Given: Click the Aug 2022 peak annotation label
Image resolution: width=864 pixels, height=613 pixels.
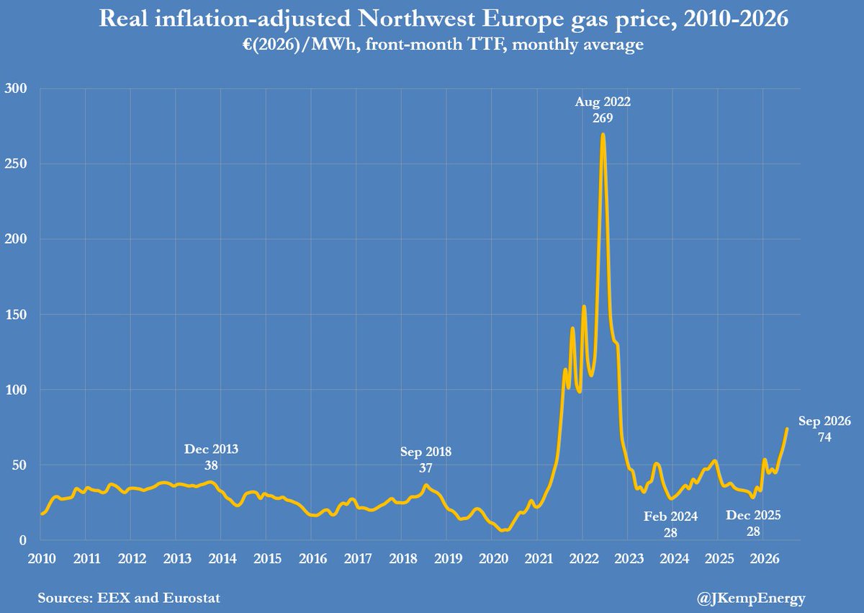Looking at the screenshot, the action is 603,109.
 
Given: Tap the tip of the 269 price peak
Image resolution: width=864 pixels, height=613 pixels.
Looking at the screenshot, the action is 603,134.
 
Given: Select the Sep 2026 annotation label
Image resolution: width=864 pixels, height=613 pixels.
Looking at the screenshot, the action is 824,429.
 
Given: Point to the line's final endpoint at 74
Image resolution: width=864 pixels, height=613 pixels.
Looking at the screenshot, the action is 787,428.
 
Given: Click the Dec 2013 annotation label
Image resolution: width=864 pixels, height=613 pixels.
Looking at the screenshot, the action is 211,457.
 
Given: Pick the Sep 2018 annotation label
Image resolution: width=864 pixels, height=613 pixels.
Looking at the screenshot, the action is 426,460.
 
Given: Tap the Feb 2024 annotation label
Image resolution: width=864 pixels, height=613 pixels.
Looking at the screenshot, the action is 670,524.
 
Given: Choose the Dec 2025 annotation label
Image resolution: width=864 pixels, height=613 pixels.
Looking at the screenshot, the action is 753,523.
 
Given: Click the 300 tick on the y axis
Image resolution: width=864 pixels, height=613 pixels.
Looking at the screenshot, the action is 16,89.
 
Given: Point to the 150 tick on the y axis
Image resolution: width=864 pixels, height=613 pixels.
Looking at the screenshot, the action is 16,314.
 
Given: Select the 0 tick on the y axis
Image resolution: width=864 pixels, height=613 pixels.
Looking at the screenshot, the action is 23,540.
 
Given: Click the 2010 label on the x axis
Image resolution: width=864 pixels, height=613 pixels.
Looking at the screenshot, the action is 42,558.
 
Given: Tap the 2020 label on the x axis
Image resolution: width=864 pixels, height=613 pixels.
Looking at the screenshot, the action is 493,558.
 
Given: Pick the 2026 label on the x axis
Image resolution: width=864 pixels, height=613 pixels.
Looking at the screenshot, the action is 764,558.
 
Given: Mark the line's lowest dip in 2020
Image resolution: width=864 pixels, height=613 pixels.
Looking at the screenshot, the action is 503,531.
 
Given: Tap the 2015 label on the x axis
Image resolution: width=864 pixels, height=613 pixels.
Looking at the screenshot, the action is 268,558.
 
